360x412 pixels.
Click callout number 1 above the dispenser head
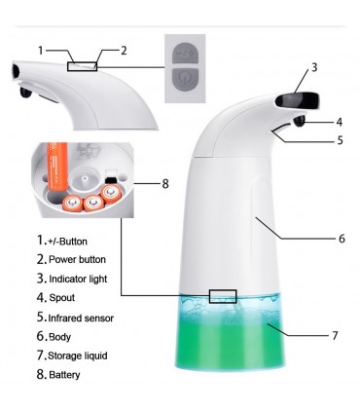(41, 51)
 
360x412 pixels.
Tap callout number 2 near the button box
(124, 51)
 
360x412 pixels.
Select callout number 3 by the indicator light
(314, 67)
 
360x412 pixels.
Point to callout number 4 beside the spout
(340, 122)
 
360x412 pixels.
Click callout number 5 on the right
(340, 140)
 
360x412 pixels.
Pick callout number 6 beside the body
(342, 239)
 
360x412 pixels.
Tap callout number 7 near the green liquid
(335, 335)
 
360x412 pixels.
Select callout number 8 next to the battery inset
(165, 184)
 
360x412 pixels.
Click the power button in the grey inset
(185, 79)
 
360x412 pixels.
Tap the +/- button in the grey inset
(185, 53)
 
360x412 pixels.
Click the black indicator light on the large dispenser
(298, 100)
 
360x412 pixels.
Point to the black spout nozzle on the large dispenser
(300, 122)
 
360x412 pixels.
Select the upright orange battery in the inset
(57, 167)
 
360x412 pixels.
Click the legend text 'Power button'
(77, 260)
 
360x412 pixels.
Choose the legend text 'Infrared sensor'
(81, 318)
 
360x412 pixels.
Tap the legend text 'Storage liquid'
(78, 356)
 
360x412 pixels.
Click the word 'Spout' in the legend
(62, 298)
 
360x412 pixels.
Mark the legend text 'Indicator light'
(78, 279)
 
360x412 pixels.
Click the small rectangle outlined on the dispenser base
(223, 296)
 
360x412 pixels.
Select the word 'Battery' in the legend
(64, 375)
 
